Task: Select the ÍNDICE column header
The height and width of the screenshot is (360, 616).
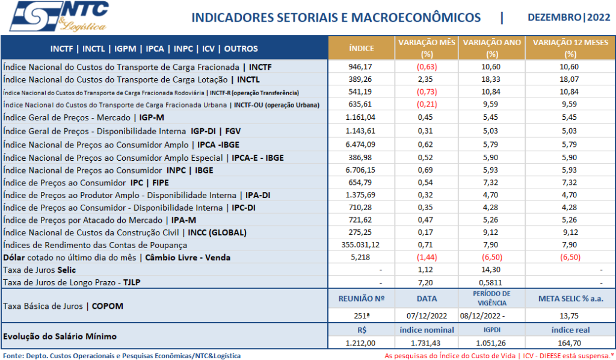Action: pos(361,48)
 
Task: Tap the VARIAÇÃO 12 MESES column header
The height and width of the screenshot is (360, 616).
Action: pos(570,48)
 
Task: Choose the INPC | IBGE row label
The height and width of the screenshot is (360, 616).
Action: pos(108,170)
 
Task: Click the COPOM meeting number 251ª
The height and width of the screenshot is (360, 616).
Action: pos(361,316)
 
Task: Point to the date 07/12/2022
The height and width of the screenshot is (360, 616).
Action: pos(427,316)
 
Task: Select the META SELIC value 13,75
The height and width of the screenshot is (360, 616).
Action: pos(570,316)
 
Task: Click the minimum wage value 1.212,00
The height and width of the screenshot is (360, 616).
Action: pos(361,343)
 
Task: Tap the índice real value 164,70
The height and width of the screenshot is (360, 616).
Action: pos(570,343)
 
